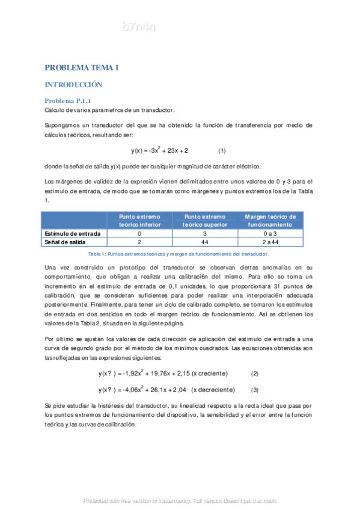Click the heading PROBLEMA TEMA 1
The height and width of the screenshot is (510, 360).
82,68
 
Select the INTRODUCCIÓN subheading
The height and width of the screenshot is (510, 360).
73,85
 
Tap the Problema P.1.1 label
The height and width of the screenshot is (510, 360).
68,100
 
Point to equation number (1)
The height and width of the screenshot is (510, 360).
222,150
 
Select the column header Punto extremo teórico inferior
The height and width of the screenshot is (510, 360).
139,220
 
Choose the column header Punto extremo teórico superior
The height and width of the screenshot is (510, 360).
204,220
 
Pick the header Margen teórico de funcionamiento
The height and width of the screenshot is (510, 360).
270,220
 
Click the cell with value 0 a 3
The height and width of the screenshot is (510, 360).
270,233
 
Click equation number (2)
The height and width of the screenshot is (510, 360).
254,373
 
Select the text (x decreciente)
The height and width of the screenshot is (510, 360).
212,389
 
